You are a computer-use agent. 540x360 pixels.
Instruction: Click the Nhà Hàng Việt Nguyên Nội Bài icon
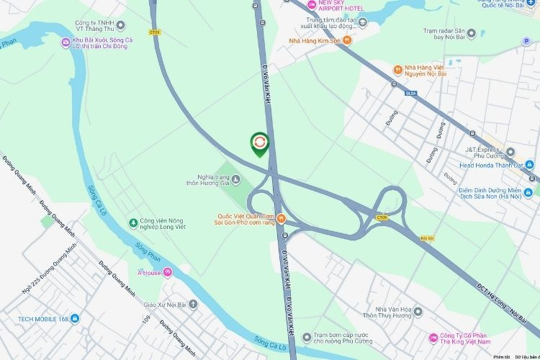tap(397, 70)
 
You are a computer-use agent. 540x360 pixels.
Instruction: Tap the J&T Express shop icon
tap(510, 153)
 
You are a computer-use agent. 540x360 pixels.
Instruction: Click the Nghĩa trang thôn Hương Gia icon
tap(236, 179)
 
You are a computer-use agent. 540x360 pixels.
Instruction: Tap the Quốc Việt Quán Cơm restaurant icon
tap(282, 218)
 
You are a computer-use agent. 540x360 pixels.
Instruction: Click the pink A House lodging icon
tap(168, 271)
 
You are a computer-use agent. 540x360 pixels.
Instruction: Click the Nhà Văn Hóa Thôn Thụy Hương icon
tap(418, 312)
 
